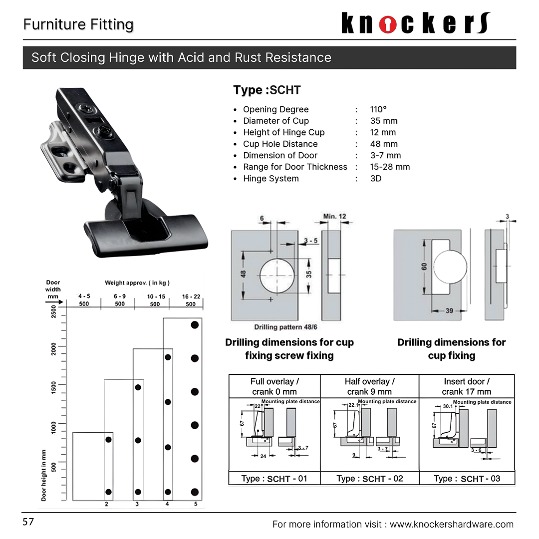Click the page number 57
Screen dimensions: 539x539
(x=28, y=522)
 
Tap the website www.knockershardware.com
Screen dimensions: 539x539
(x=451, y=524)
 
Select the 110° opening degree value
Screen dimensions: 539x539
(x=379, y=109)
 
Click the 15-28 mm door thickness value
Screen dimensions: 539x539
(x=390, y=167)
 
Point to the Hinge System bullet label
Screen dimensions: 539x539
(x=270, y=179)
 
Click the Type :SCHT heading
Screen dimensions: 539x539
(x=267, y=90)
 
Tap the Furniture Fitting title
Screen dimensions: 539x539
(x=78, y=24)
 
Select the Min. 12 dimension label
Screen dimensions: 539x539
(x=334, y=216)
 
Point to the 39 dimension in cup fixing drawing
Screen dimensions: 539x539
(x=449, y=310)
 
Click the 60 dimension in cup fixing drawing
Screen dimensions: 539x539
(x=424, y=267)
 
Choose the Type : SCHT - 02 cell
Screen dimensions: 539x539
(x=369, y=479)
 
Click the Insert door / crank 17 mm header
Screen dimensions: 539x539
(x=466, y=386)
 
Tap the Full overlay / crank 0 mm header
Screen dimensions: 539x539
(x=274, y=386)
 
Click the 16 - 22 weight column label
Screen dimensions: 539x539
(x=191, y=296)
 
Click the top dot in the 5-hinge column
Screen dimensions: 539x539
(x=195, y=325)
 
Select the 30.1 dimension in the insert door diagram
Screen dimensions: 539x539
(x=448, y=406)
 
